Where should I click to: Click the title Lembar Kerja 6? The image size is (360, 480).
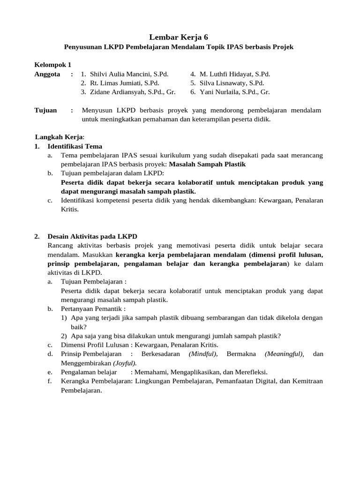(x=180, y=37)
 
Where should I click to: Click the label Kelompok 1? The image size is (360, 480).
(x=53, y=65)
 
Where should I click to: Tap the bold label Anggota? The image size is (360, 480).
(x=47, y=74)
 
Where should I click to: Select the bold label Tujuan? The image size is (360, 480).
(x=45, y=110)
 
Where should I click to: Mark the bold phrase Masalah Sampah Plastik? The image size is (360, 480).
(x=207, y=164)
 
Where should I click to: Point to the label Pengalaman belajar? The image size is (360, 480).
(x=89, y=372)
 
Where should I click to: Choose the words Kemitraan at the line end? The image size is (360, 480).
(x=305, y=381)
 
